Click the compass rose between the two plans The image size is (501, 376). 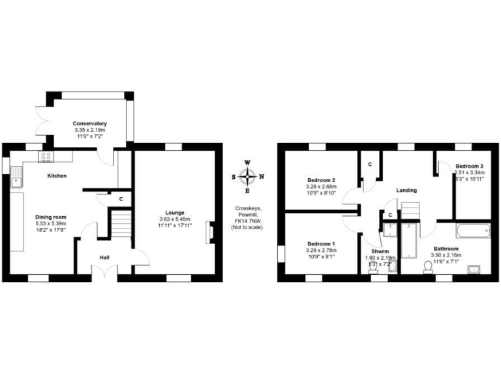tap(247, 176)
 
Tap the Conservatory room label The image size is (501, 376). tap(90, 123)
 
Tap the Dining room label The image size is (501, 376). tap(50, 217)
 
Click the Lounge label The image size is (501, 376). tap(174, 213)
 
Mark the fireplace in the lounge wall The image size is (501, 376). tap(209, 232)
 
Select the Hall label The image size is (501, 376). tap(104, 257)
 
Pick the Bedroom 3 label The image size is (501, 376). tap(469, 166)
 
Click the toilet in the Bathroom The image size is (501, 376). tap(429, 266)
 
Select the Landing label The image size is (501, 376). tap(406, 190)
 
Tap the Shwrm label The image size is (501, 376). tap(380, 251)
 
